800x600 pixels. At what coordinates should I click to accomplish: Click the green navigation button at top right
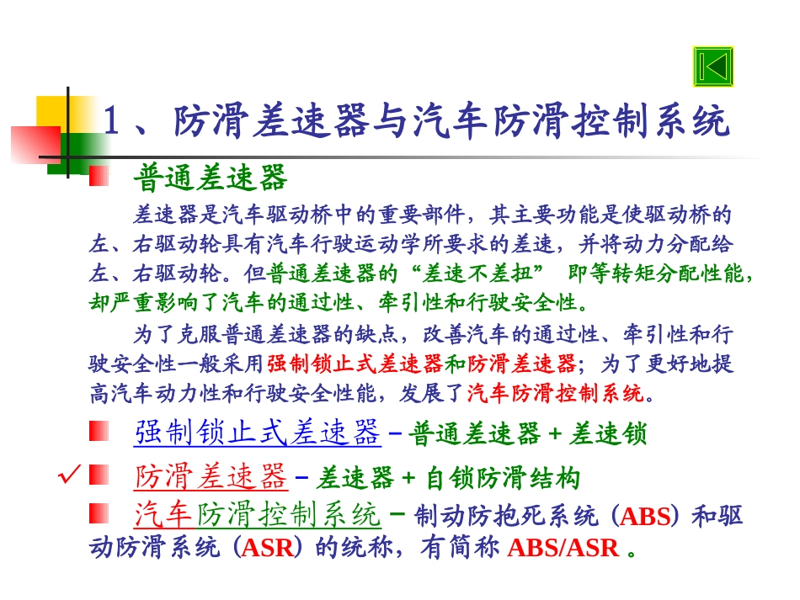click(713, 67)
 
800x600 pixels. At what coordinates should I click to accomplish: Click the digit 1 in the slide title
click(111, 123)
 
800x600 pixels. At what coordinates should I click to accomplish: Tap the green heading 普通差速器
click(210, 178)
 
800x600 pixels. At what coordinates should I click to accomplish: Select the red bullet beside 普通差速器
click(99, 176)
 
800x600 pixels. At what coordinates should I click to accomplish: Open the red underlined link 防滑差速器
click(211, 478)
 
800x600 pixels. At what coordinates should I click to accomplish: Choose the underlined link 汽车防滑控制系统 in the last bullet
click(258, 515)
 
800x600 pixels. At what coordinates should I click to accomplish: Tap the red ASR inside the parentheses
click(268, 548)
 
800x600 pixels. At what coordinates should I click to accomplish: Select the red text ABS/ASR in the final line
click(563, 548)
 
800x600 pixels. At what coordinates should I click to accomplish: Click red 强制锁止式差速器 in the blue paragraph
click(355, 364)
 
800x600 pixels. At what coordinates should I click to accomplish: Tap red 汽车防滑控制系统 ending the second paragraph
click(554, 392)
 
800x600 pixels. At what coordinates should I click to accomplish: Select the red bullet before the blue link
click(99, 432)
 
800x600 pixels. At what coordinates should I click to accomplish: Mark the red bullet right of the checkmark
click(99, 477)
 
